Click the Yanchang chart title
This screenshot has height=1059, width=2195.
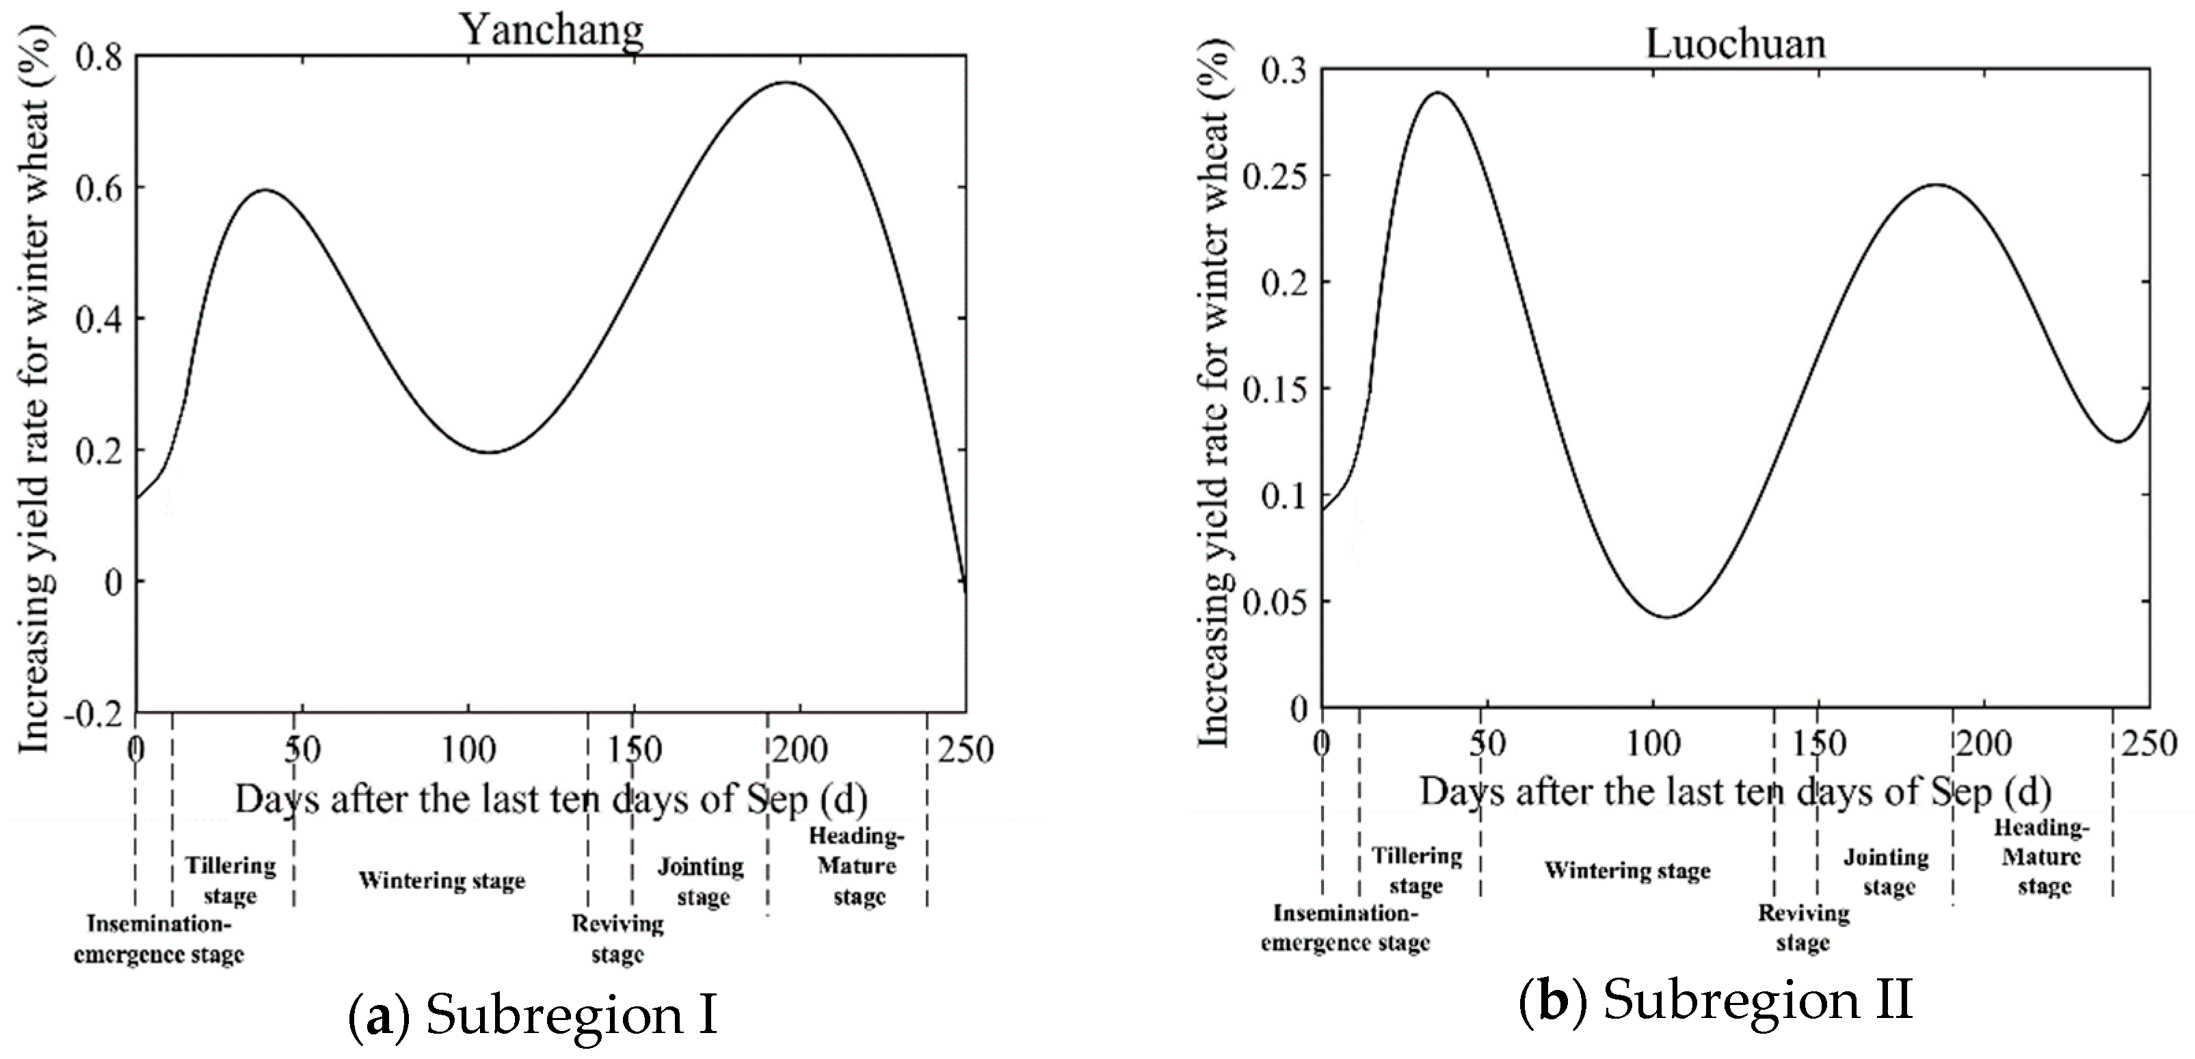(x=552, y=31)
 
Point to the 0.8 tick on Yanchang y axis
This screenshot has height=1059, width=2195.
(x=99, y=57)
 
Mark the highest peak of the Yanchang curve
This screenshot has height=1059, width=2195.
(x=785, y=83)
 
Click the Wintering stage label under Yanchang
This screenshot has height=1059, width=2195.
(x=441, y=880)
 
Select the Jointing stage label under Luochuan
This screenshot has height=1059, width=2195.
(x=1887, y=872)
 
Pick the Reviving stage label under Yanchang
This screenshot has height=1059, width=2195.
(x=617, y=938)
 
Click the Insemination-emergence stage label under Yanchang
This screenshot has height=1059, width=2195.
(x=159, y=939)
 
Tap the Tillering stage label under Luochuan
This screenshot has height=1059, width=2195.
(x=1416, y=870)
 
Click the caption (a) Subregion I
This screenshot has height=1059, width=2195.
(x=533, y=1015)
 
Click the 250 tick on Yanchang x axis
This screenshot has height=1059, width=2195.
(x=966, y=751)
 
